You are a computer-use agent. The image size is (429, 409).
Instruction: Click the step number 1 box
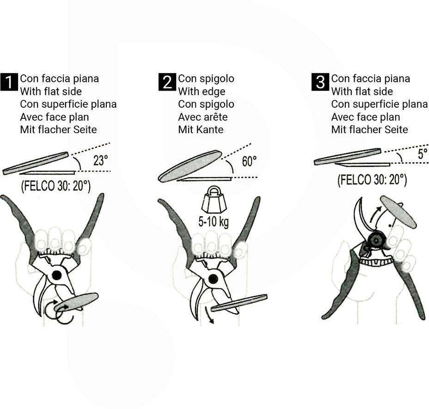coord(9,82)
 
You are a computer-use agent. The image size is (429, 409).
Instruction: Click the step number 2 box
coord(167,82)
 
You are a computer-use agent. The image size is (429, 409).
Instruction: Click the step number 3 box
coord(320,82)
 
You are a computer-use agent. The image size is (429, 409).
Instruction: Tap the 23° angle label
coord(101,160)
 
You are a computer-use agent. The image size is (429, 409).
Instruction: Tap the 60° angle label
coord(249,161)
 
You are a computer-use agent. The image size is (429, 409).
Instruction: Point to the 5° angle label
coord(423,154)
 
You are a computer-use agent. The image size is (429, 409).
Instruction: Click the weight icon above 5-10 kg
coord(214,200)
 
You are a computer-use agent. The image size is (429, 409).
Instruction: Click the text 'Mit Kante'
coord(201,129)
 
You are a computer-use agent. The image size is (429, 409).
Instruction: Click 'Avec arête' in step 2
coord(203,117)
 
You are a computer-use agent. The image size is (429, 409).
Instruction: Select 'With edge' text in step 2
coord(202,92)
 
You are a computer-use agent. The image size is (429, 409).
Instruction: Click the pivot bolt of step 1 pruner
coord(57,275)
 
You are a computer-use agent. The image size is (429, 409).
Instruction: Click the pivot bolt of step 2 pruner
coord(213,279)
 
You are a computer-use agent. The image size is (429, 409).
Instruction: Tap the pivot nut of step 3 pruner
coord(376,240)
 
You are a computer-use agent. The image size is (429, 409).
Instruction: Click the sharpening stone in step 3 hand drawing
coord(398,212)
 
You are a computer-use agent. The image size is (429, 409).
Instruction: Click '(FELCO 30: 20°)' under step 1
coord(55,186)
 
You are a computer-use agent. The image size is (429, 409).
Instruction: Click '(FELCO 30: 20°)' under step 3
coord(372,180)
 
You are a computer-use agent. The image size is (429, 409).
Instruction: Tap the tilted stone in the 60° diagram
coord(190,166)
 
